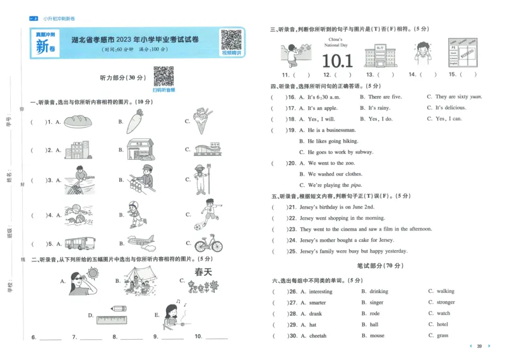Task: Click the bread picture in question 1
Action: [80, 120]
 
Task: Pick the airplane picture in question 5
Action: [141, 243]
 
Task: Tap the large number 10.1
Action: [337, 61]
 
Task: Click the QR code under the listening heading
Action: [163, 77]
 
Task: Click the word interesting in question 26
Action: [321, 292]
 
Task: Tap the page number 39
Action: [479, 346]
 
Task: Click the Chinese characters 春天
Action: [203, 272]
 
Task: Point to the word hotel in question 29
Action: [442, 325]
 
